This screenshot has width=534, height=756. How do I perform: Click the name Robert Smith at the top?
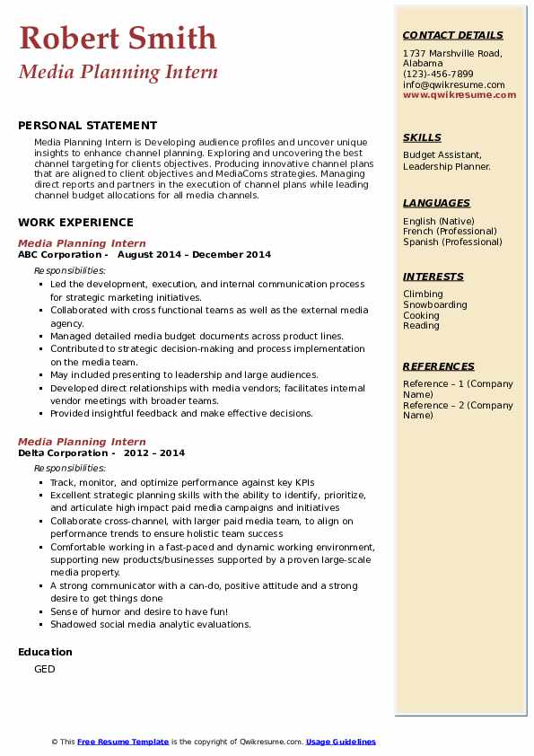click(117, 38)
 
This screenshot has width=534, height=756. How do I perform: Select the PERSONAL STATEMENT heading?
click(87, 126)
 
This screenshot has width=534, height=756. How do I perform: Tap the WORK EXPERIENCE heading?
click(75, 222)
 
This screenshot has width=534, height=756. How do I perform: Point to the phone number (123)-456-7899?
click(438, 74)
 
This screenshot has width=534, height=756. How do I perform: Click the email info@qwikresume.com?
click(453, 84)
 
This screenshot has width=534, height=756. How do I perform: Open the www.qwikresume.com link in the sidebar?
click(460, 94)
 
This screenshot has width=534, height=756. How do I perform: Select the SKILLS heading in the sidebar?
click(422, 137)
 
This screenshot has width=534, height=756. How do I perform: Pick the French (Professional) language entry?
click(450, 231)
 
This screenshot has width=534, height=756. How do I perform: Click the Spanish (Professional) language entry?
click(452, 242)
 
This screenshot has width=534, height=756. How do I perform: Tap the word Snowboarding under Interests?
click(434, 304)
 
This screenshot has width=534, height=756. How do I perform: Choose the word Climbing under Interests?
click(423, 294)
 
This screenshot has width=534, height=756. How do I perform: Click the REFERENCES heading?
click(438, 366)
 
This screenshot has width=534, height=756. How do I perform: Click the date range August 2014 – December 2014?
click(194, 255)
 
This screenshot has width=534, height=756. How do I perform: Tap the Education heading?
click(45, 652)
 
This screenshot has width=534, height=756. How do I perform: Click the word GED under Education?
click(44, 669)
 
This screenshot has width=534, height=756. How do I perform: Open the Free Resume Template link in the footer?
click(123, 742)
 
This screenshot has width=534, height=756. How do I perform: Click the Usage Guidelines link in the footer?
click(340, 742)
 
